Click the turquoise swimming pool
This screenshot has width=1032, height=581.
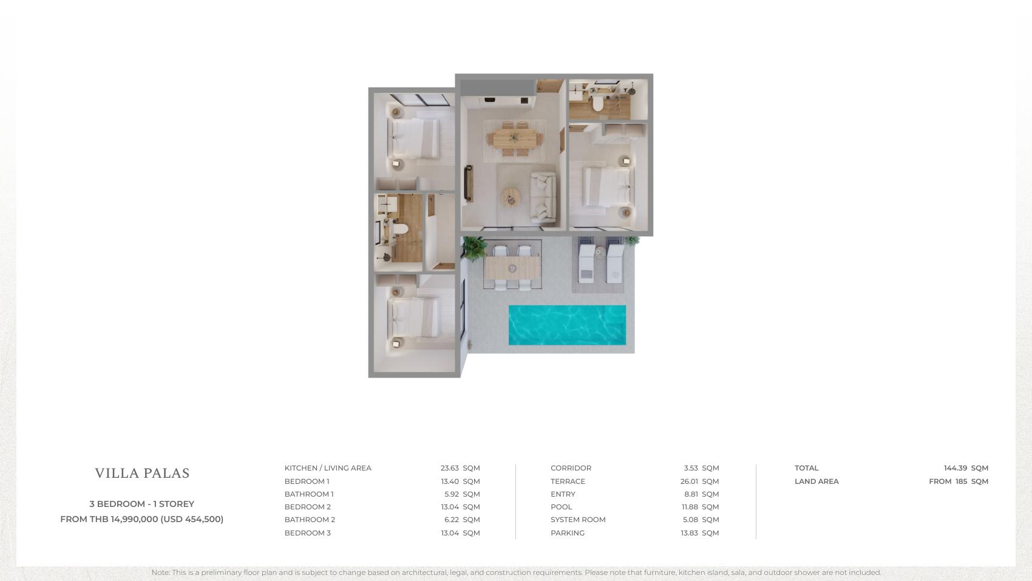[567, 325]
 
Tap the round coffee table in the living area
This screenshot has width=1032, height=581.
[511, 197]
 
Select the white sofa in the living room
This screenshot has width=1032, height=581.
[543, 197]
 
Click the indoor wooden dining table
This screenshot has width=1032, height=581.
[514, 138]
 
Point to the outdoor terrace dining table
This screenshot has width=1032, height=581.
[512, 268]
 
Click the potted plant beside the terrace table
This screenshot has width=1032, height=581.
[474, 248]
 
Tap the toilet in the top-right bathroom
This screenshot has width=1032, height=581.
[598, 104]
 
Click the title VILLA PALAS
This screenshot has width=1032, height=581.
[143, 473]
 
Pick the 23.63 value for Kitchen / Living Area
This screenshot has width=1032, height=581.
[449, 467]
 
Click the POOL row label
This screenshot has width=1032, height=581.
[561, 507]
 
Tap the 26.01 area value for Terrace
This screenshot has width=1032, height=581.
[689, 481]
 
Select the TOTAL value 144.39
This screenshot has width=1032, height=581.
[956, 467]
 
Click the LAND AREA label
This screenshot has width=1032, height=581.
[816, 481]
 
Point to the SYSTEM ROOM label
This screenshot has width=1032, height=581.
[578, 519]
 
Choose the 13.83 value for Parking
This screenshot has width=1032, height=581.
[689, 532]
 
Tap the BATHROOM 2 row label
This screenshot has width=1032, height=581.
[310, 519]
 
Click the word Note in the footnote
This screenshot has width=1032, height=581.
[160, 573]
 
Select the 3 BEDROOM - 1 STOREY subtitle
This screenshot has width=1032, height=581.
[142, 504]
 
